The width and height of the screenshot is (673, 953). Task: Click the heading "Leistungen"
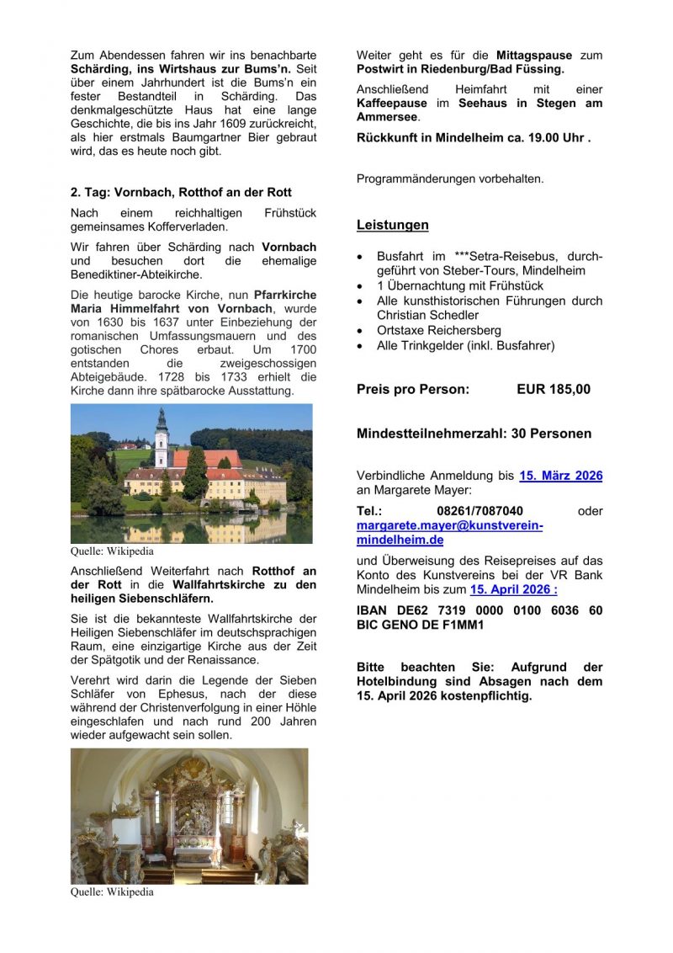(392, 225)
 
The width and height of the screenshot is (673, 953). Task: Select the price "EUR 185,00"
(554, 389)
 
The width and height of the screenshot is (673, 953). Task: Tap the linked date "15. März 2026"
(560, 476)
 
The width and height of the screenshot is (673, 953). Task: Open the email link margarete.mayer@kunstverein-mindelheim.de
(449, 532)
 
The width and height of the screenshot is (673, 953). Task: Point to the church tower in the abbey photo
(162, 437)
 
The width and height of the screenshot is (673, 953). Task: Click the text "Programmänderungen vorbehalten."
(450, 178)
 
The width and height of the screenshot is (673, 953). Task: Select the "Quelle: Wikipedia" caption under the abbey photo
(112, 552)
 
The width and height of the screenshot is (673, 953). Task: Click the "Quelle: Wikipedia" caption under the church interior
(112, 892)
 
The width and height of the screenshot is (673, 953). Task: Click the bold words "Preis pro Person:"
(413, 389)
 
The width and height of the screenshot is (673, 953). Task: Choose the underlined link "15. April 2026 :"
(513, 589)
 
